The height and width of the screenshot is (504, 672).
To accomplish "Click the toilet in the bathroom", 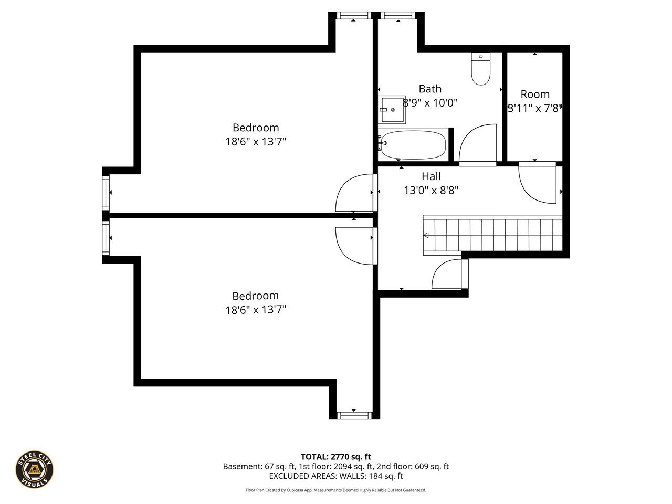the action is coord(480,69).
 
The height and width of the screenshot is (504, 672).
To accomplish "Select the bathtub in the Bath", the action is coord(413,145).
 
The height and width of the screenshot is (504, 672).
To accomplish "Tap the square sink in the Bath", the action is coord(392,109).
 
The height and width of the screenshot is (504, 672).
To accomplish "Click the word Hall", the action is coord(431,176).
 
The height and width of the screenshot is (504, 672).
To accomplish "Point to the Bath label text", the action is coord(430,89).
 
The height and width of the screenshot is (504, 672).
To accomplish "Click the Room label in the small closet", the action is coord(535,94).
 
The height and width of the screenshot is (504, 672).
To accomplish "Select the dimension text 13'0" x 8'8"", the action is coord(431,191).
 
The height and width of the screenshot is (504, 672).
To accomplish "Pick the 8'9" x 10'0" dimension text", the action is coord(430,103).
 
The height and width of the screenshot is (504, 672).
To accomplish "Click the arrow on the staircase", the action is coord(426,235).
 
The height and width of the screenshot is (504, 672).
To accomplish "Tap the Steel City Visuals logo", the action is coord(34,469).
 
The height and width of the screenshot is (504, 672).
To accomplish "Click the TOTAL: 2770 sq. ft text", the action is coord(336,457).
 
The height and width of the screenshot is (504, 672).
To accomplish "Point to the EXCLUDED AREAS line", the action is coord(336,476).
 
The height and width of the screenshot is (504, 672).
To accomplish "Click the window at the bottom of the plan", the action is coord(354,415).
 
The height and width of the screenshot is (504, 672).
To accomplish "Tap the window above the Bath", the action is coord(398,15).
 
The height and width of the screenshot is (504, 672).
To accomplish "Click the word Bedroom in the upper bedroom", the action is coord(256,128).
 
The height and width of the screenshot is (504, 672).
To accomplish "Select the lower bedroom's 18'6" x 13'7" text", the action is coord(256,310).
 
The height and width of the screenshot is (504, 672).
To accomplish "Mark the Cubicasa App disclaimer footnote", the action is coord(336,490).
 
